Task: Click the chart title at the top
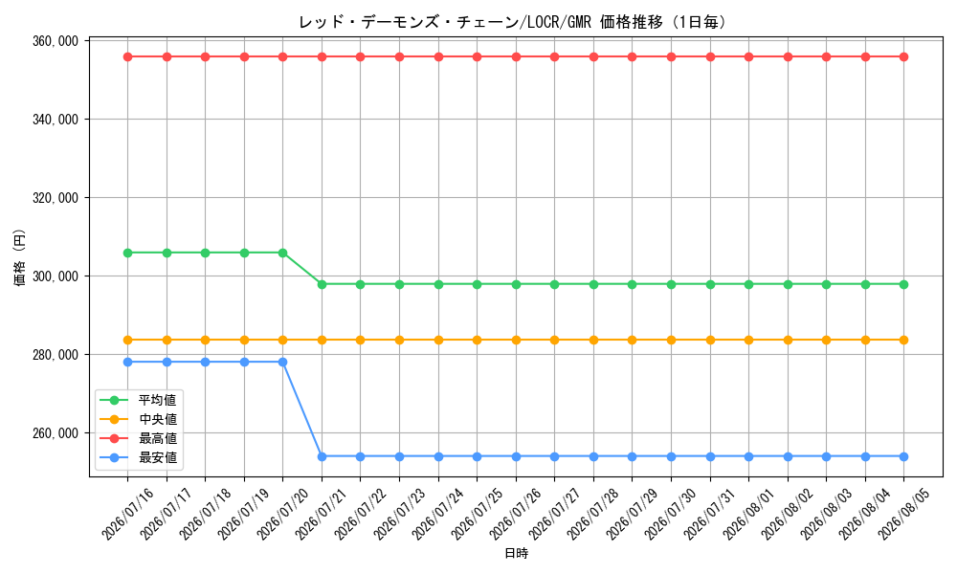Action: [513, 23]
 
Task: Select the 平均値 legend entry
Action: [138, 400]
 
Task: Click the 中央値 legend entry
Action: [138, 419]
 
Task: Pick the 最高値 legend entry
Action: [138, 438]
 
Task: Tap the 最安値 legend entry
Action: [138, 457]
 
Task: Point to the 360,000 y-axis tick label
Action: [56, 41]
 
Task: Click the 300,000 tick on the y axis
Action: [56, 276]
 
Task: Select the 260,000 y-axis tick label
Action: [56, 433]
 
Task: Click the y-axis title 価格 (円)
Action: [20, 258]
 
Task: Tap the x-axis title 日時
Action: [517, 553]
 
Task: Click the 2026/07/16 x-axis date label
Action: [127, 515]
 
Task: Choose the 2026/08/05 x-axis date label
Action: [904, 515]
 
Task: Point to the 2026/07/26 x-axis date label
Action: [516, 515]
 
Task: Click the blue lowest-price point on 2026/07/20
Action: [282, 362]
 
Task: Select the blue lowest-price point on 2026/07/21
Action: [322, 456]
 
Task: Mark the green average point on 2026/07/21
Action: [322, 284]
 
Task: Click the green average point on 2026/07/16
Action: [127, 253]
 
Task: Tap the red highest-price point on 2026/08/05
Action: [904, 56]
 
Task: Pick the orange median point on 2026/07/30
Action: [672, 340]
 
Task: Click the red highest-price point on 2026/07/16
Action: [127, 56]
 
